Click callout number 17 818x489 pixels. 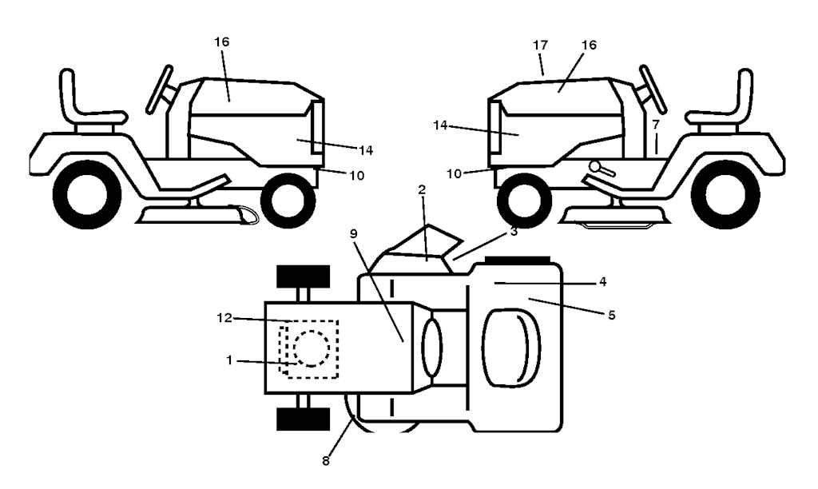[539, 46]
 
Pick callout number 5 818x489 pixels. [611, 315]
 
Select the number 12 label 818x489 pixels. [224, 317]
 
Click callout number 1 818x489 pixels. [229, 360]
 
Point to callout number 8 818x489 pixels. [324, 460]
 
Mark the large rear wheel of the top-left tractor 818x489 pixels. [87, 194]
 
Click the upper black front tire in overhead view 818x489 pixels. [303, 276]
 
